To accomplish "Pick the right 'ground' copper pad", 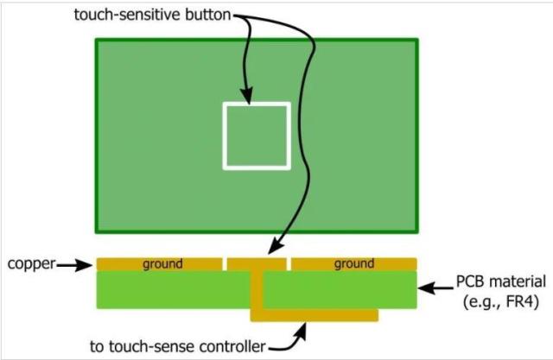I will click(x=353, y=263).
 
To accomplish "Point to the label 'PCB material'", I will click(x=501, y=281).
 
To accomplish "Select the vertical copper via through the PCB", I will click(x=257, y=289).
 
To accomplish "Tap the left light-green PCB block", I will click(x=173, y=289).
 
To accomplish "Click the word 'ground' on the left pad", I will click(x=162, y=263).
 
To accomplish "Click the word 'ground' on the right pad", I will click(x=354, y=263).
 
